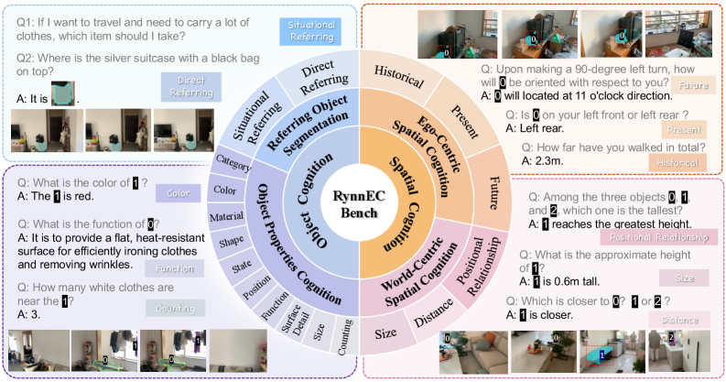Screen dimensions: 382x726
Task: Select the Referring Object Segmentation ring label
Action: tap(305, 123)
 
